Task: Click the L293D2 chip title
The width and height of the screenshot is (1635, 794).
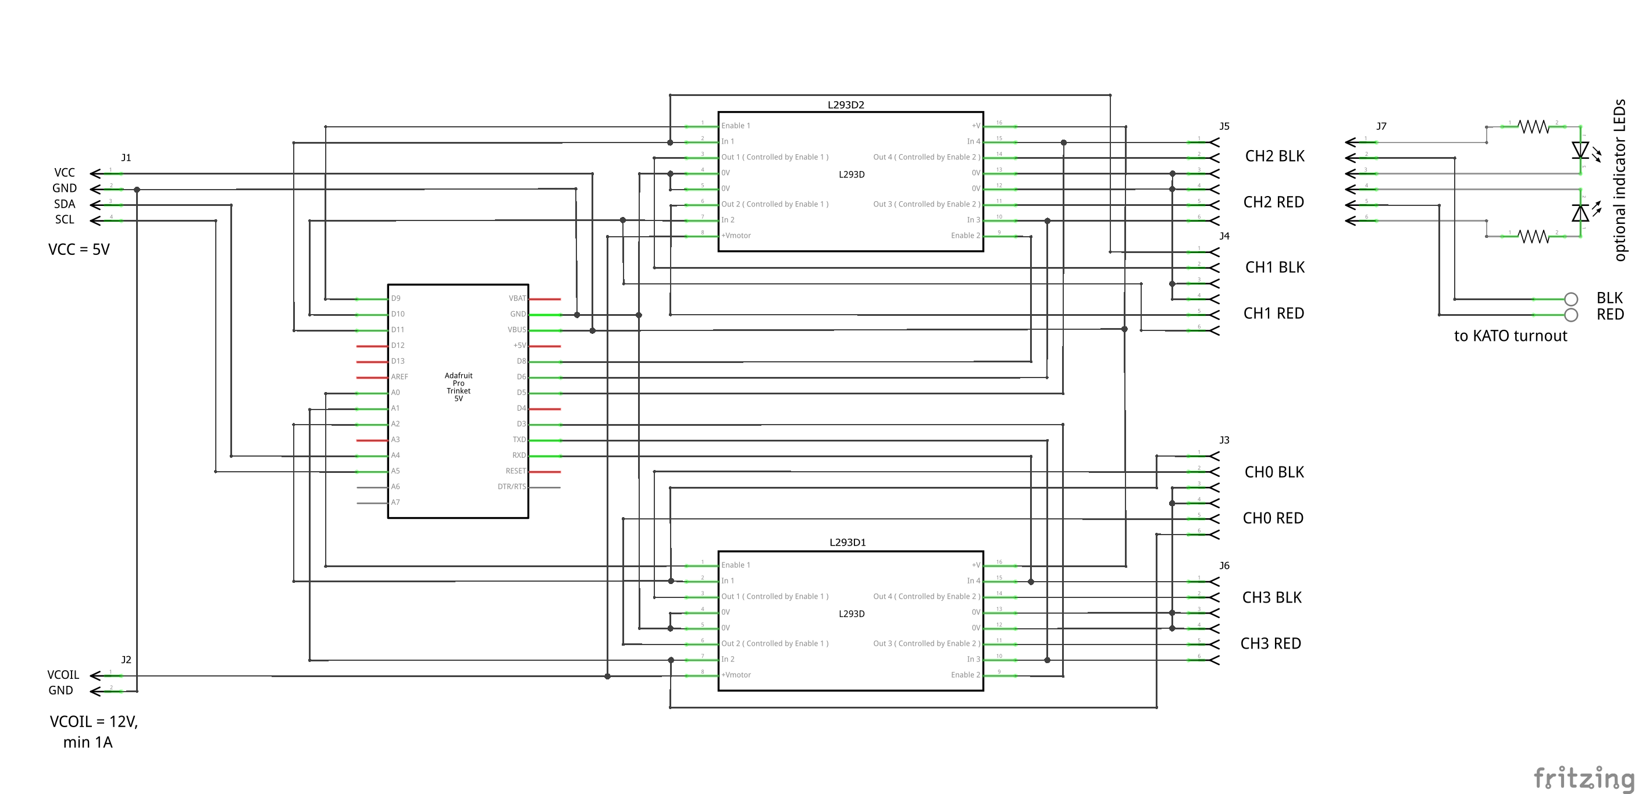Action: [846, 105]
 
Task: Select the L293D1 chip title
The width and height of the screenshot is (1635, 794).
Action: [847, 543]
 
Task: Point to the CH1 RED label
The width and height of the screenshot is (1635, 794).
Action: [1273, 314]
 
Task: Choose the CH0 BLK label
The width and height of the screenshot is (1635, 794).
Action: [1274, 472]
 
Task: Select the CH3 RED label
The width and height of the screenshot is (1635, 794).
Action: [1271, 643]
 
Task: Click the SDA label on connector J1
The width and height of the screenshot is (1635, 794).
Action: [65, 204]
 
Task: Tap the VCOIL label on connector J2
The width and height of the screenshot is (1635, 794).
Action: [63, 675]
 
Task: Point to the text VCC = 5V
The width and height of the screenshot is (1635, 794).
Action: [79, 250]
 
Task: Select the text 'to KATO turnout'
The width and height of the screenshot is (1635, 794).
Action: [1510, 336]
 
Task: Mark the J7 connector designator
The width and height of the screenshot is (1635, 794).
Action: [1381, 126]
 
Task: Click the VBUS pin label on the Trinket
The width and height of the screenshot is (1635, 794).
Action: [516, 330]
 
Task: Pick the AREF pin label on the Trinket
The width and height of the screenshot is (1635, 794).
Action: [400, 377]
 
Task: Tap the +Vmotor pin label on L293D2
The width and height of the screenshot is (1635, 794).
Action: [736, 236]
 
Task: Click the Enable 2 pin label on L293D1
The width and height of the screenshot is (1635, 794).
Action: [965, 675]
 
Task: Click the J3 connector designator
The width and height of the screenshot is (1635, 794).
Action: [1224, 440]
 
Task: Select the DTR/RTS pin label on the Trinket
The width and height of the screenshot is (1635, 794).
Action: [512, 487]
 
